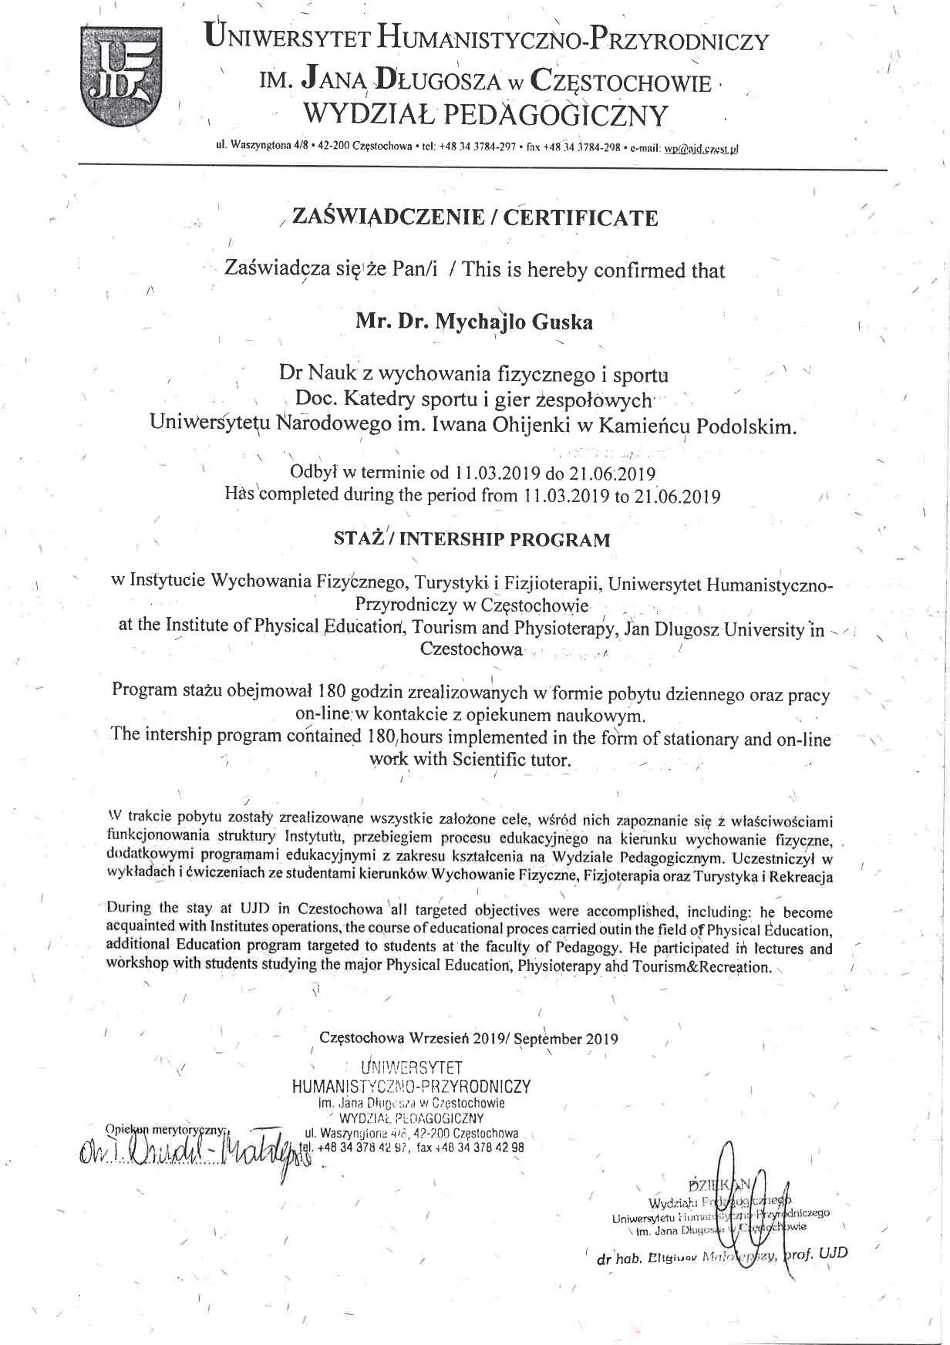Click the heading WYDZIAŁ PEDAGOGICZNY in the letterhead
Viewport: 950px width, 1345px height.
pos(486,115)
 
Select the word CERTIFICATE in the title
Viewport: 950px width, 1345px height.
pos(581,218)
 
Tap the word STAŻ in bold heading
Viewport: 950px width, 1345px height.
pos(359,538)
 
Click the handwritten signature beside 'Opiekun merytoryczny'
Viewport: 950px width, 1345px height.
pos(189,1155)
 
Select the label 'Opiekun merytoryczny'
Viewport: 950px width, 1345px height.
pos(163,1129)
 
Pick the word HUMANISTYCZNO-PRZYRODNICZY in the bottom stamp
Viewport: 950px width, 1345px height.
pos(412,1086)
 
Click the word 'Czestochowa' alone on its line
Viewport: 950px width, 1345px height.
pos(470,649)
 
